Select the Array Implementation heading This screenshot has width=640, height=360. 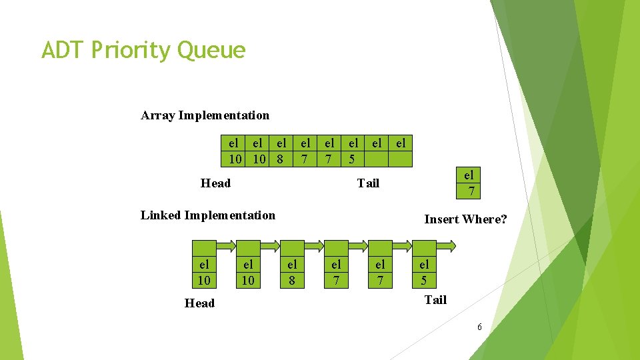tap(205, 115)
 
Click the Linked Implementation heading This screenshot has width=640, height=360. tap(207, 215)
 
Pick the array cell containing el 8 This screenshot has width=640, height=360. tap(281, 151)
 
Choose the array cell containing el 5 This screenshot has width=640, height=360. tap(353, 151)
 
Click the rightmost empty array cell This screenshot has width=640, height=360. tap(401, 151)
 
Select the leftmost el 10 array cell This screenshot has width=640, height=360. tap(234, 151)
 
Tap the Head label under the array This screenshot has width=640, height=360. tap(215, 183)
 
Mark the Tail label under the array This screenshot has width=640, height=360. tap(367, 183)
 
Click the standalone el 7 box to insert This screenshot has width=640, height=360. tap(469, 183)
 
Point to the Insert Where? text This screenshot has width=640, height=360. tap(465, 219)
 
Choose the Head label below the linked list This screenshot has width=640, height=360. tap(199, 303)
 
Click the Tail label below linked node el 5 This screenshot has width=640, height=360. tap(435, 300)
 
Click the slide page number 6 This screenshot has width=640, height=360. tap(479, 327)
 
